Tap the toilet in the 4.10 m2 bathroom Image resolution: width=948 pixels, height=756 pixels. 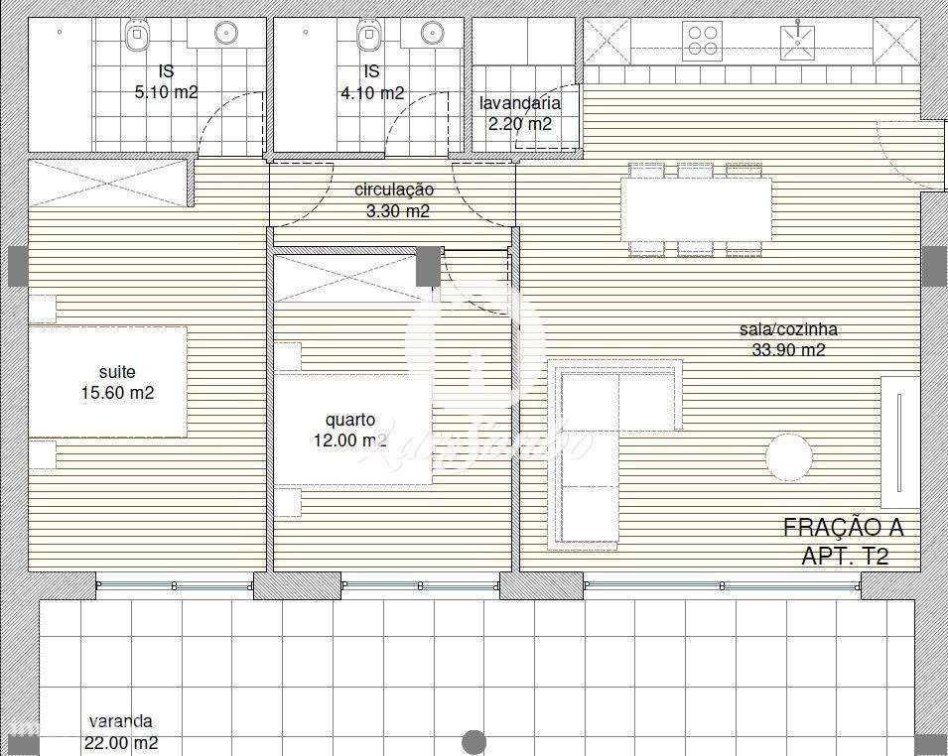pos(367,37)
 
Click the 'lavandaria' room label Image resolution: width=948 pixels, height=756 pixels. pos(519,103)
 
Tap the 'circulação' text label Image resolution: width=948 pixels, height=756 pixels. pos(394,189)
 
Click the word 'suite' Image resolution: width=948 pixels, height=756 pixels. pos(116,372)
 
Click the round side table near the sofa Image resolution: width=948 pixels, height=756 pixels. pos(789,458)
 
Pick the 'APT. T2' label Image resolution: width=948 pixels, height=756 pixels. pos(844,556)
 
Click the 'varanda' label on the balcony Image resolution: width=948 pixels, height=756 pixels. pos(120,721)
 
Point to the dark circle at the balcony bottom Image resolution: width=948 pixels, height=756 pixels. pos(474,741)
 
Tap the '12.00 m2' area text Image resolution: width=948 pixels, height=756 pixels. pos(344,441)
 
